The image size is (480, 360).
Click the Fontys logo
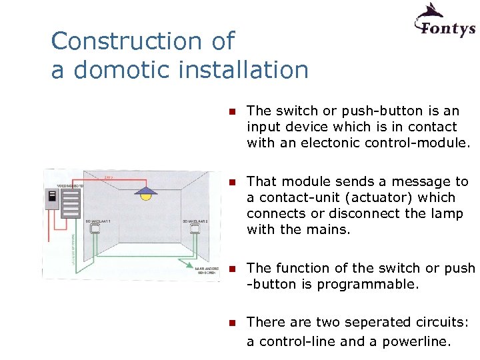(x=445, y=21)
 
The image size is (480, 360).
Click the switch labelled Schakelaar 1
(x=95, y=229)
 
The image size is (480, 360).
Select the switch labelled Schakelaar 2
(x=195, y=229)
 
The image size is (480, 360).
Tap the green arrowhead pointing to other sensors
(x=188, y=270)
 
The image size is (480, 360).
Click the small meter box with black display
(x=51, y=198)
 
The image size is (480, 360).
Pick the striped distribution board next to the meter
(x=71, y=203)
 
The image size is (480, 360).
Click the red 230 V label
(x=110, y=177)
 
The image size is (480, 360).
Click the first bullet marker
(x=231, y=111)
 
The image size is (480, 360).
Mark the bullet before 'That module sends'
(x=231, y=182)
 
